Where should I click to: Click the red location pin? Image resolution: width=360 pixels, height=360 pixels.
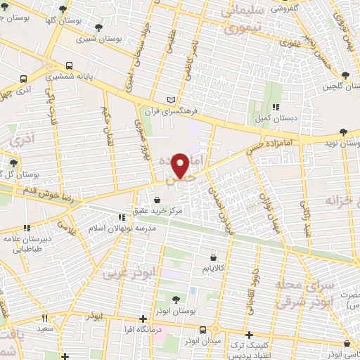[182, 165]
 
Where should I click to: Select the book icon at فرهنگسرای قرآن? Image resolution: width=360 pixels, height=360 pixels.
[172, 100]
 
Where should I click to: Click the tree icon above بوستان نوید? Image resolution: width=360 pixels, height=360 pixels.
[343, 132]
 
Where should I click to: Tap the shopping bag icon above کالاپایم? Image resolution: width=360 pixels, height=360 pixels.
[212, 257]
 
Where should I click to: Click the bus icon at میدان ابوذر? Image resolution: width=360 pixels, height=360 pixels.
[202, 329]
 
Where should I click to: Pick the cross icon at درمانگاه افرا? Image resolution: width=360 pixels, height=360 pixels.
[143, 318]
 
